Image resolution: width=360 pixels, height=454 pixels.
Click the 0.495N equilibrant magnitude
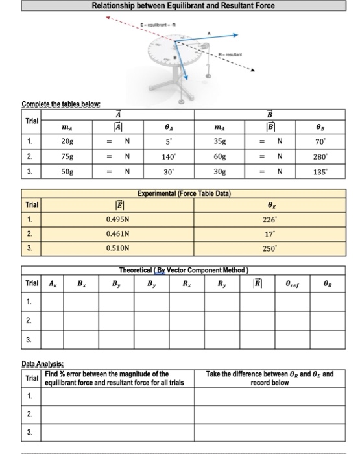[117, 219]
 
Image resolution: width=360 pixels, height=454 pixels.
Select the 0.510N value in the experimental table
[117, 248]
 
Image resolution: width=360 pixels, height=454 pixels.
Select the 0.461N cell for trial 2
[117, 233]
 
